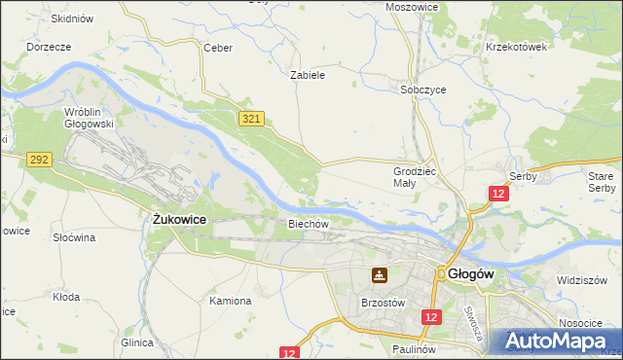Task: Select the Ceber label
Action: coord(215,47)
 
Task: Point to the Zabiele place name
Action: coord(308,74)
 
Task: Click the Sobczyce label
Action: coord(423,89)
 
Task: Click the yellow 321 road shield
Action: coord(251,118)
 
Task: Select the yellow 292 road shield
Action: coord(40,160)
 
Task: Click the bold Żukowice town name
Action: coord(179,220)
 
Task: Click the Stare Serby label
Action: coord(602,181)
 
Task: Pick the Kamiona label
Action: coord(231,301)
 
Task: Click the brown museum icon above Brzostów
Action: coord(379,275)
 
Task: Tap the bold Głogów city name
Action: coord(471,274)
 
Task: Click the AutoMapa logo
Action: coord(556,342)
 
